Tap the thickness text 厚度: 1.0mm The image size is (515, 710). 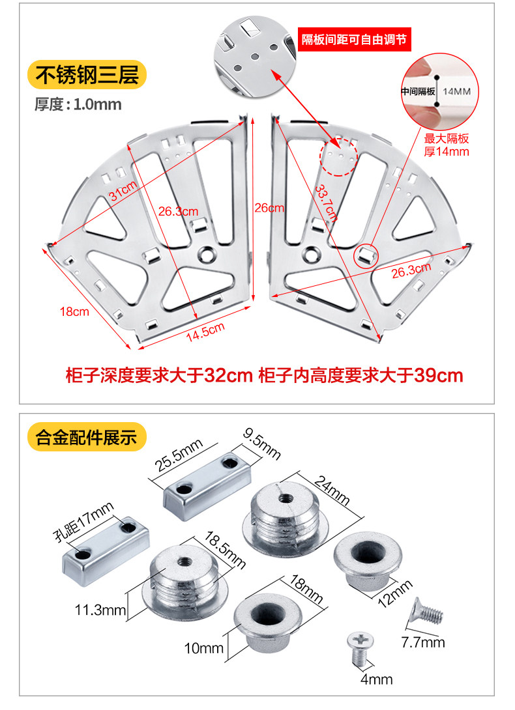78,104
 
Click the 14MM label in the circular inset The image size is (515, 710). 456,92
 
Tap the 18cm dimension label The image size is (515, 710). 74,312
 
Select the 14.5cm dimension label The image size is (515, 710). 205,332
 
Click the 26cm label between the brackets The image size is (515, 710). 269,208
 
